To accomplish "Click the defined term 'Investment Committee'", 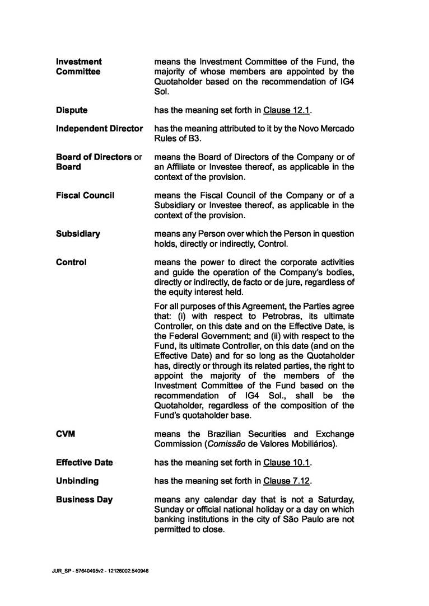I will click(78, 67).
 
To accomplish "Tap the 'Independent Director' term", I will click(99, 129).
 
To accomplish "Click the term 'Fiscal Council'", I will click(85, 195).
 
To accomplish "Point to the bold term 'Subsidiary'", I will click(78, 234).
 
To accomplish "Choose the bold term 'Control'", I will click(71, 262).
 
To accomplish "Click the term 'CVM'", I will click(65, 434).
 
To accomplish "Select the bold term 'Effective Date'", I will click(84, 463).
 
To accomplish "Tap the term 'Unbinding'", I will click(77, 481).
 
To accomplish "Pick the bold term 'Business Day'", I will click(84, 499).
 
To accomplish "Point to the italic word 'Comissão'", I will click(212, 444).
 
